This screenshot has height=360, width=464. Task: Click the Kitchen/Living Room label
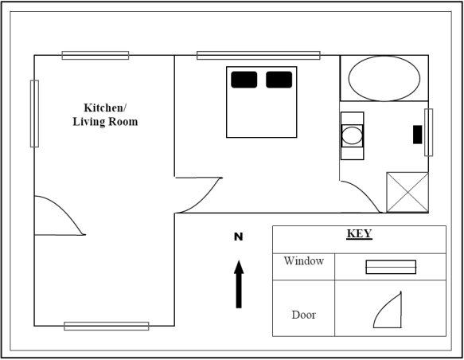[105, 115]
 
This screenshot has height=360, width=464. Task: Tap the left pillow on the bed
[244, 80]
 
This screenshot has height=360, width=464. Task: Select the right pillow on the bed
[279, 80]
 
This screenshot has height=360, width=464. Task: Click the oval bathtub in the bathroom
[384, 79]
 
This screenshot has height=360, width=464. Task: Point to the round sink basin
[352, 135]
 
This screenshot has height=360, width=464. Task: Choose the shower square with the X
[407, 192]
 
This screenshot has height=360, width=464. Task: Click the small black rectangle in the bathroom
[418, 135]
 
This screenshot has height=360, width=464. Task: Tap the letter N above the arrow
[239, 237]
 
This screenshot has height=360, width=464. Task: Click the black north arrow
[239, 284]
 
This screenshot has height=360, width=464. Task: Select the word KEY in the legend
[359, 233]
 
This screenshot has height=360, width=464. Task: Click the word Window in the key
[303, 260]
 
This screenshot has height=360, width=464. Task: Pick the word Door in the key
[303, 315]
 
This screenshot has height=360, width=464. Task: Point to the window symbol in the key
[391, 267]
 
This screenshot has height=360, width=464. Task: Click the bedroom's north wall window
[259, 56]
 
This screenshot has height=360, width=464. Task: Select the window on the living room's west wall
[34, 114]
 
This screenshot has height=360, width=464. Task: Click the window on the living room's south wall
[107, 326]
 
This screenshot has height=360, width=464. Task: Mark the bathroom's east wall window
[428, 132]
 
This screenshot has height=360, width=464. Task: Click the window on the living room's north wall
[96, 56]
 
